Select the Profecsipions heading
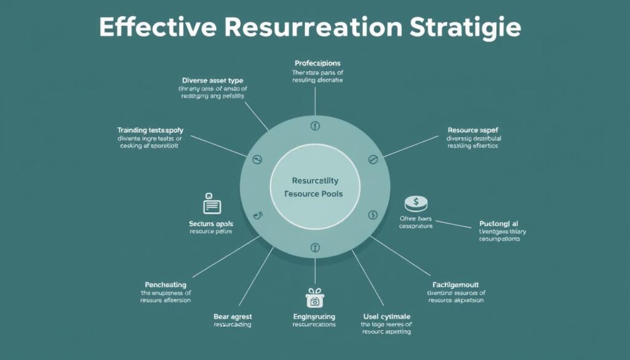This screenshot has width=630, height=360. click(317, 63)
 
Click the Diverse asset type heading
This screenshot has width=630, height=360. click(213, 80)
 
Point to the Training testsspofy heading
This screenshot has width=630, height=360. click(150, 130)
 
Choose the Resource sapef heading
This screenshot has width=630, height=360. click(472, 130)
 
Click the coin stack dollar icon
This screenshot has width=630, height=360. click(417, 204)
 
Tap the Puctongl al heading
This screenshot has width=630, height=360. click(499, 223)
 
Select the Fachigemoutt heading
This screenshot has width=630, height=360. click(456, 285)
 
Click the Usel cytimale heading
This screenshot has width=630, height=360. click(386, 316)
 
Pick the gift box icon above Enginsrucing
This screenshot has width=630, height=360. click(314, 297)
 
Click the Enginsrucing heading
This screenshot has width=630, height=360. click(314, 316)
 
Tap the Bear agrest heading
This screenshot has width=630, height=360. click(233, 316)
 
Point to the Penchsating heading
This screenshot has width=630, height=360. click(165, 285)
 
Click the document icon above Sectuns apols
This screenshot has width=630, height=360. click(211, 204)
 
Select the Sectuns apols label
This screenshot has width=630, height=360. click(211, 223)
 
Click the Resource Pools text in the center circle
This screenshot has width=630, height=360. click(314, 193)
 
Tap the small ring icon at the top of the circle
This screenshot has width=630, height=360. click(315, 127)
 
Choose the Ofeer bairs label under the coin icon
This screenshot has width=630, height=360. click(416, 218)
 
